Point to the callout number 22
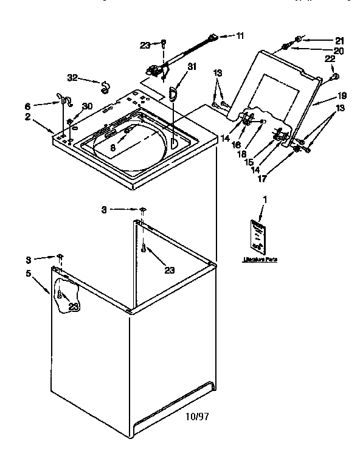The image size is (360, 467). [330, 60]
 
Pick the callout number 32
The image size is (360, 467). [72, 78]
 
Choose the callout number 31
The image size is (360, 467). [192, 66]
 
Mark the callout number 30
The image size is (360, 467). [88, 106]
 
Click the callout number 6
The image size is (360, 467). [44, 105]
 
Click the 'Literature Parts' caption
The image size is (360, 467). [260, 260]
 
